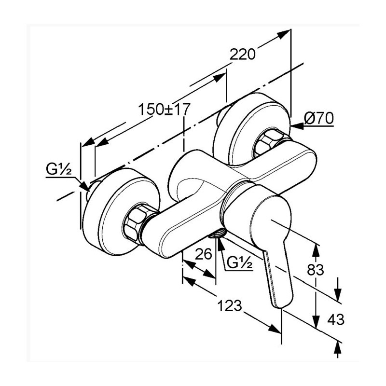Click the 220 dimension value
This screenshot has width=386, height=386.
[242, 55]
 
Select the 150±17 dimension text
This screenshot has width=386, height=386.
[163, 110]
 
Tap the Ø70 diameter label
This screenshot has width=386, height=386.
[319, 118]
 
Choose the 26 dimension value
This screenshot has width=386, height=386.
[204, 254]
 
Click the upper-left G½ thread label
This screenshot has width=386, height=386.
[58, 169]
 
